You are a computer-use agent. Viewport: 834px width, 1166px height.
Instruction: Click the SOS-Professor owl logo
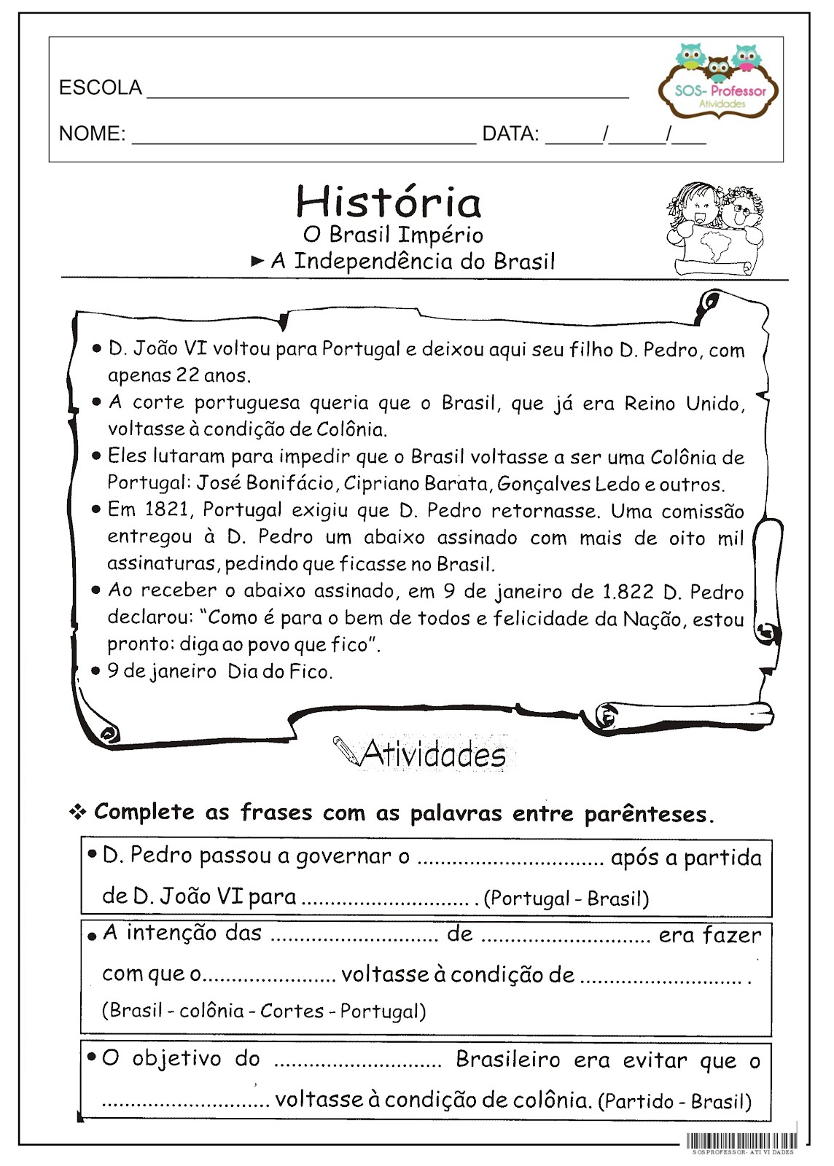[x=718, y=80]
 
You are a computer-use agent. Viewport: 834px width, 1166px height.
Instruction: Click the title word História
[x=389, y=202]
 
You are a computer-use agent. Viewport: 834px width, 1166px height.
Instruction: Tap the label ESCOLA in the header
[x=100, y=88]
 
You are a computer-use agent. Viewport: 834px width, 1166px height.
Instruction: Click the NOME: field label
[x=92, y=134]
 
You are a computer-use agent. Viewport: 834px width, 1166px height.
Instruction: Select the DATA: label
[x=510, y=134]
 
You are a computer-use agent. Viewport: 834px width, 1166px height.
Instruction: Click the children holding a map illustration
[x=714, y=228]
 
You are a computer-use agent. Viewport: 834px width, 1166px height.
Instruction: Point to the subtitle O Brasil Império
[x=393, y=235]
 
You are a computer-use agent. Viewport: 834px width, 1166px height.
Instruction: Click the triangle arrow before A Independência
[x=257, y=261]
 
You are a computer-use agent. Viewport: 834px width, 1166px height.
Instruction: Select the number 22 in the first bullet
[x=187, y=375]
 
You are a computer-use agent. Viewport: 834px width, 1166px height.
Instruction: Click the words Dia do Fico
[x=279, y=671]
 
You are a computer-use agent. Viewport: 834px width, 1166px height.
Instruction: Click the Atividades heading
[x=434, y=754]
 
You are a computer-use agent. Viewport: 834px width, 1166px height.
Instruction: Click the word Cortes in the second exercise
[x=292, y=1011]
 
